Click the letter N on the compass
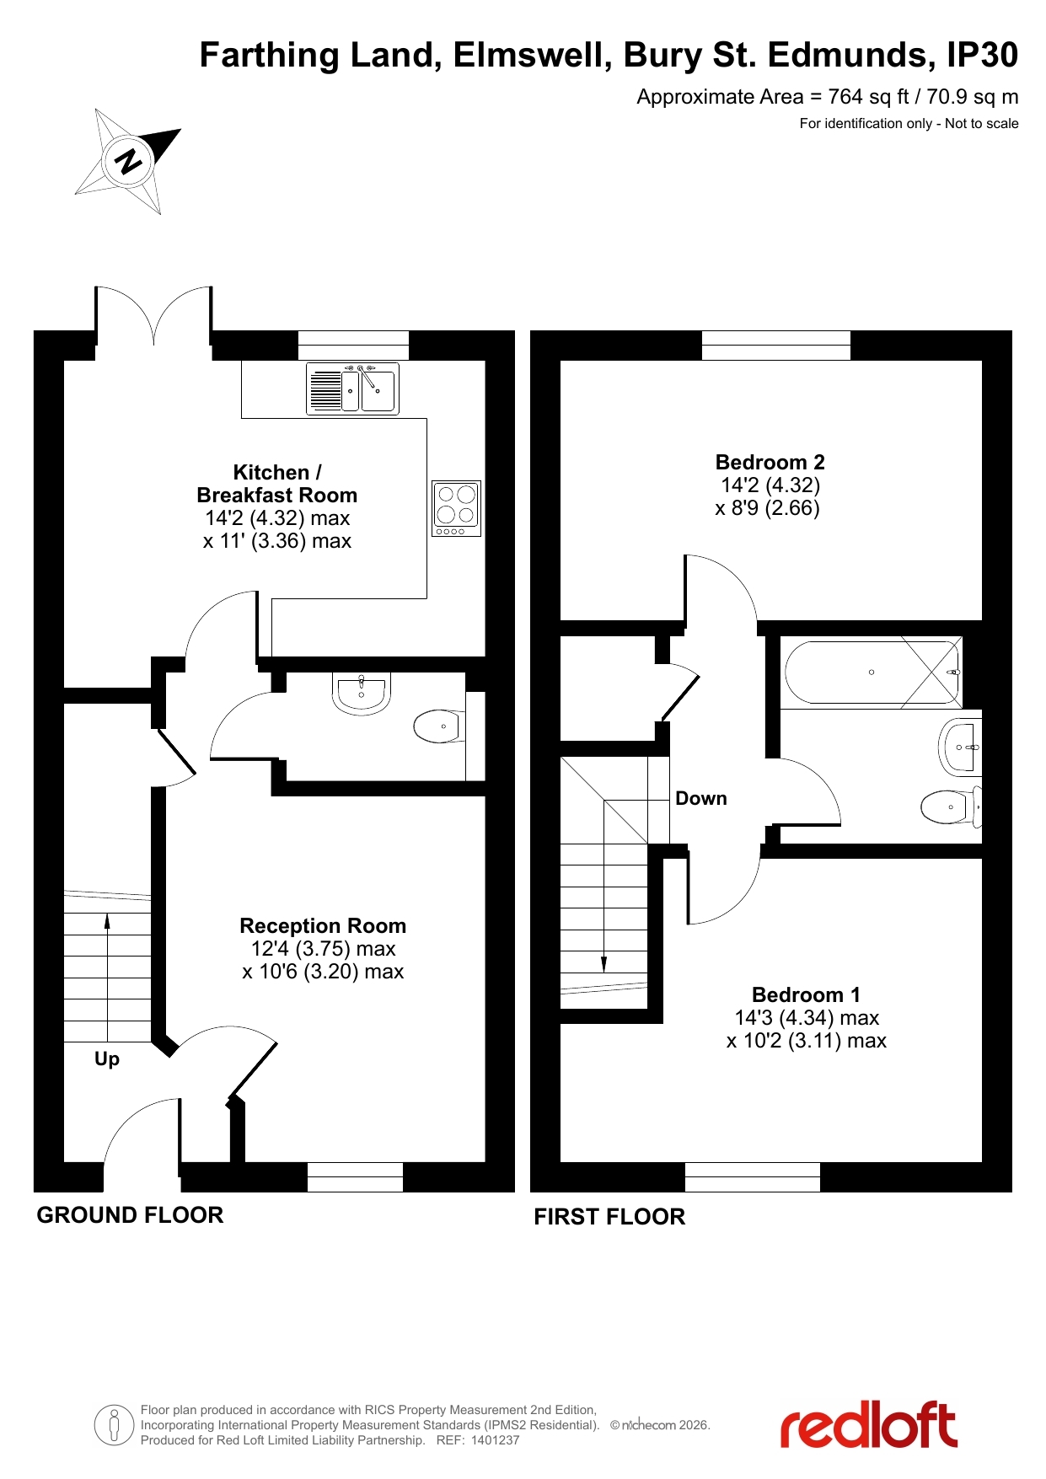129,160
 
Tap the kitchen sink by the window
352,389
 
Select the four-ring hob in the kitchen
456,508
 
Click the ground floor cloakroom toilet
437,726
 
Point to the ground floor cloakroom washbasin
362,694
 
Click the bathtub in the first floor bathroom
872,673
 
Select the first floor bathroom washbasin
960,747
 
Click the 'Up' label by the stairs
107,1059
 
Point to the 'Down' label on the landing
701,798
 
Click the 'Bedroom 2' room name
770,462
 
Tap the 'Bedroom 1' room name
806,994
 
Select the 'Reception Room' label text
323,925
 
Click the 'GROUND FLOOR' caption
130,1215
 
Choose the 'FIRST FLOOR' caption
609,1217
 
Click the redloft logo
868,1425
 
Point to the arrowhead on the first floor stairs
603,964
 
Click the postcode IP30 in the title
982,55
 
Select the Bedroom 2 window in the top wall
776,346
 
